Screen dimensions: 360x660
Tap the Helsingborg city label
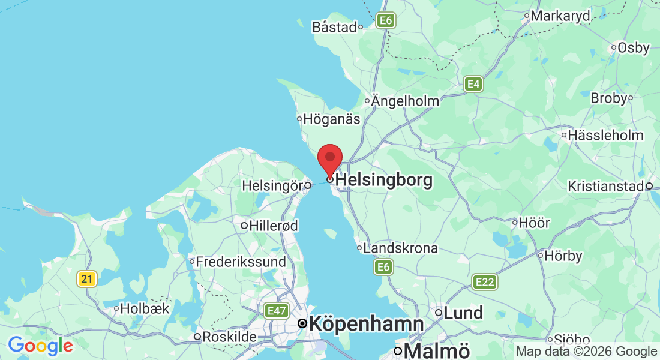(x=384, y=179)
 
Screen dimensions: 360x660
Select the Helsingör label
(x=272, y=186)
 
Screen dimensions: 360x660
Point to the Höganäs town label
(x=331, y=119)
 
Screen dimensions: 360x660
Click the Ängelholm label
(x=406, y=101)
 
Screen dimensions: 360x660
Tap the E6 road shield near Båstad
(x=385, y=20)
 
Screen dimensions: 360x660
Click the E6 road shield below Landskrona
(x=384, y=267)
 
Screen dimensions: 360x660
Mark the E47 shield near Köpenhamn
(x=276, y=311)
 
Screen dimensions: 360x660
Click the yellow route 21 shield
(x=87, y=278)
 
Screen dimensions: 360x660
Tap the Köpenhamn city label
(x=366, y=324)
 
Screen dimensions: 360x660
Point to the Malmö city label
(x=437, y=350)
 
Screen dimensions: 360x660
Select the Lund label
(x=463, y=313)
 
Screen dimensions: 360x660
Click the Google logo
(x=40, y=346)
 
